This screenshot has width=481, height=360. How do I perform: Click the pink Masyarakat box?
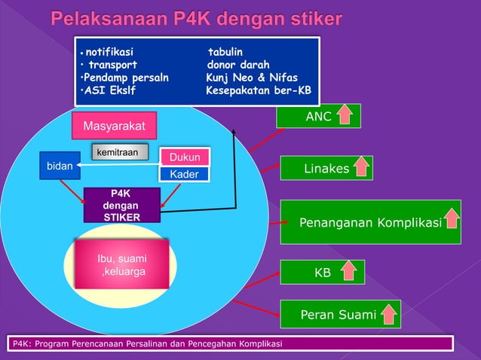pos(115,124)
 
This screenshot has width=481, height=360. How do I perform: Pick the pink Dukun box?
pos(184,158)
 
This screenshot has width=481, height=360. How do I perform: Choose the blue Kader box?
pos(184,175)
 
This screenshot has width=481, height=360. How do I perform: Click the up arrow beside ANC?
pos(345,115)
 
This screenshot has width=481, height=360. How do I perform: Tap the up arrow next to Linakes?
pos(360,167)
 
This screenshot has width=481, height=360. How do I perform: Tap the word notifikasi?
pos(109,52)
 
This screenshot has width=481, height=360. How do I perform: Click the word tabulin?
pos(225,52)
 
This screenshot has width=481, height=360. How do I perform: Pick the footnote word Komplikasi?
pos(256,344)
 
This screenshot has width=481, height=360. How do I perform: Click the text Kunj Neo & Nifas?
pos(251,78)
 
